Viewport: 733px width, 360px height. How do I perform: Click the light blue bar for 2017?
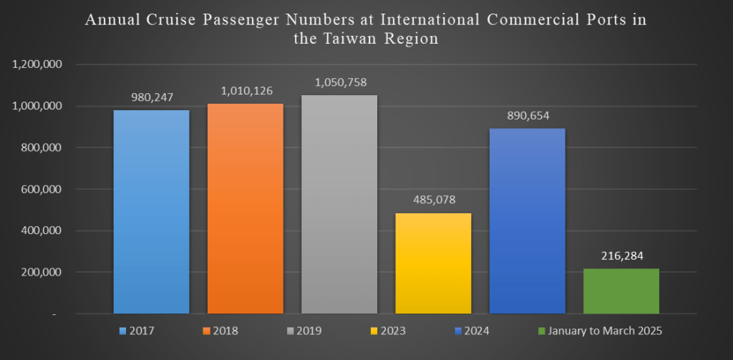click(152, 211)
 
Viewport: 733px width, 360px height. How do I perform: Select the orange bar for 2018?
click(246, 208)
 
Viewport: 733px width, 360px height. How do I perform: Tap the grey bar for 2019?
click(339, 204)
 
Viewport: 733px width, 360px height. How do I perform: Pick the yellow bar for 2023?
click(433, 263)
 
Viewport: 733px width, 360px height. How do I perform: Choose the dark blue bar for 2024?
click(527, 220)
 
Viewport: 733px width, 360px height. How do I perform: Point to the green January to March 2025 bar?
click(621, 291)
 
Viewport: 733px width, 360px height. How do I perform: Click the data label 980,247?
click(152, 95)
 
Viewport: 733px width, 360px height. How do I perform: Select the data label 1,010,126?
click(246, 90)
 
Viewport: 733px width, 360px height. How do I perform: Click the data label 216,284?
click(621, 254)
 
